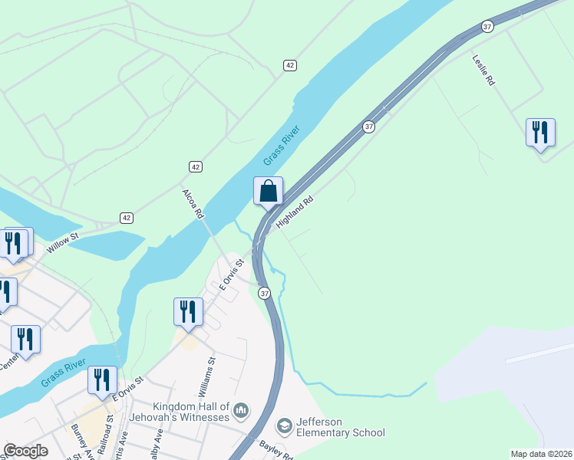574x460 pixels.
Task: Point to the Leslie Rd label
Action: (x=483, y=70)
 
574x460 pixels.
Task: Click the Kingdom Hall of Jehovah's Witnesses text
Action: (x=191, y=412)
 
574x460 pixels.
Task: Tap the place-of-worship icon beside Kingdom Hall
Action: (x=241, y=411)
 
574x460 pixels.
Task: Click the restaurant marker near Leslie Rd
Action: (x=540, y=133)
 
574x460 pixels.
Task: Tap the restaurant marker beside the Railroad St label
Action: (x=102, y=379)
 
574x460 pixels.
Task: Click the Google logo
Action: (x=25, y=451)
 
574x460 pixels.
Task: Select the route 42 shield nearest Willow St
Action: (x=127, y=219)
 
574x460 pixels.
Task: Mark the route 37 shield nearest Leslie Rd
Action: (x=487, y=26)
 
